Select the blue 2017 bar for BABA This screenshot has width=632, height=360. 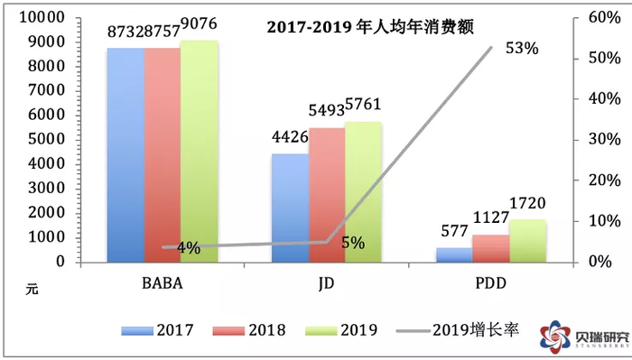[x=125, y=154]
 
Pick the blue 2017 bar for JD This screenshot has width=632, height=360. [x=290, y=208]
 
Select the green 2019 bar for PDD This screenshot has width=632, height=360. [x=527, y=241]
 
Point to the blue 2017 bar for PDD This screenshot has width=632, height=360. [x=454, y=254]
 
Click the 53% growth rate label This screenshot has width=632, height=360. [x=521, y=49]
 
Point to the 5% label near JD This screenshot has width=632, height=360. [x=353, y=243]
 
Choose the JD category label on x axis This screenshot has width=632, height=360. [x=327, y=285]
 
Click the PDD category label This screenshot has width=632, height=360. [x=490, y=285]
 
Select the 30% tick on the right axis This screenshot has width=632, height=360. [x=599, y=140]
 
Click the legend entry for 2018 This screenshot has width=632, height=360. [x=245, y=330]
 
